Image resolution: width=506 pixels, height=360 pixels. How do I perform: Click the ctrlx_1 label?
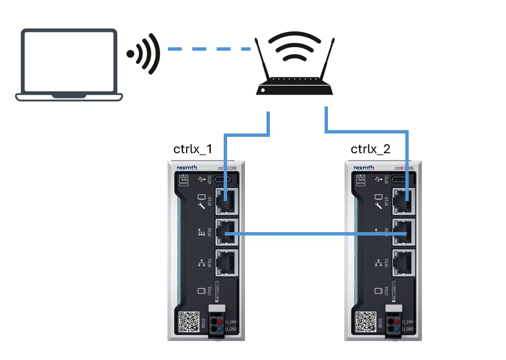pyautogui.click(x=193, y=149)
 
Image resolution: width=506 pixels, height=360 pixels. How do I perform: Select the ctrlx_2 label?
pyautogui.click(x=370, y=149)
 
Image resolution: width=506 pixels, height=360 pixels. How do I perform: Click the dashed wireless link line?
pyautogui.click(x=209, y=50)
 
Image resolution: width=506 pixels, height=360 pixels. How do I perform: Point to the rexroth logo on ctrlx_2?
pyautogui.click(x=363, y=168)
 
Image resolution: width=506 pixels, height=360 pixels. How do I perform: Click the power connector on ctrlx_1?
pyautogui.click(x=216, y=324)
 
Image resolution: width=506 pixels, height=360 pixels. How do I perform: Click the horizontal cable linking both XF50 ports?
pyautogui.click(x=316, y=233)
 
